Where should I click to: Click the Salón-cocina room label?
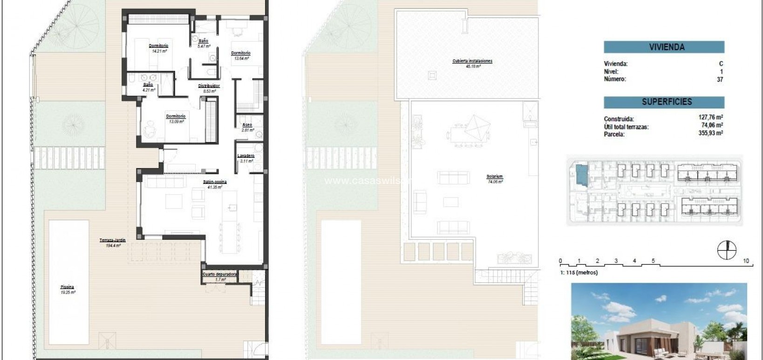point(214,182)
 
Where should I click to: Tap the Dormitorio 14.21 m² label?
point(158,46)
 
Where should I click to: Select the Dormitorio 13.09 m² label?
point(176,116)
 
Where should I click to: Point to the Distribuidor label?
point(209,86)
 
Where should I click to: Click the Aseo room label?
point(247,125)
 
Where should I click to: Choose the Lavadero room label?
point(245,156)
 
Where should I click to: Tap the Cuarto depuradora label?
point(219,274)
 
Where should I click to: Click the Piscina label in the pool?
point(67,287)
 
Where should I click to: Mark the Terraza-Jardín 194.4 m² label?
point(112,240)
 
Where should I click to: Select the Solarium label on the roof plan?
point(494,177)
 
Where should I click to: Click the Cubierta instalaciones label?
point(472,61)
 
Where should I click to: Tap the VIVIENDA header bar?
point(664,47)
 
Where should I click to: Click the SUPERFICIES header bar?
point(664,102)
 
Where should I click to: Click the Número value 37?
point(720,80)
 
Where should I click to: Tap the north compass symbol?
point(727,250)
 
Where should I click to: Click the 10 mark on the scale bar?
point(746,261)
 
